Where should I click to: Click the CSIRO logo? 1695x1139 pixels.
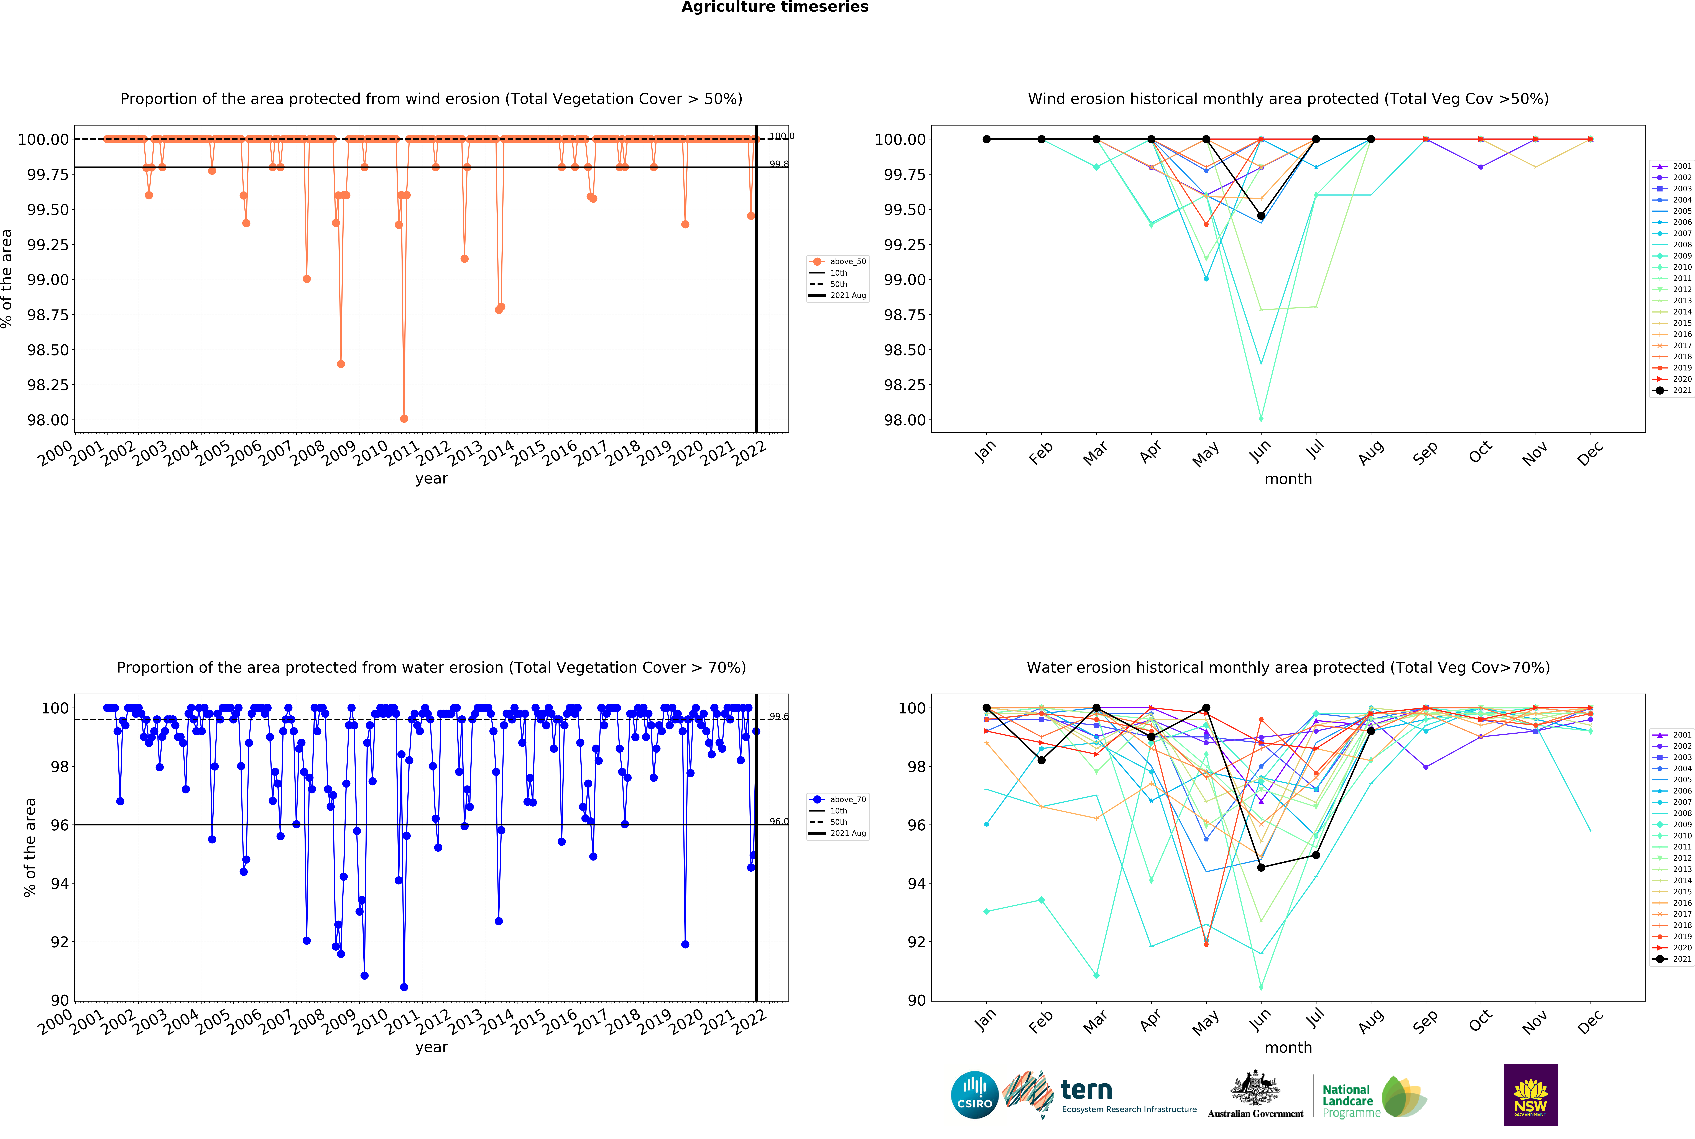pos(974,1095)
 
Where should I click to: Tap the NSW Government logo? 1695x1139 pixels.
pos(1530,1095)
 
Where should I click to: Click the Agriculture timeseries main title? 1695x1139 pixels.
pos(775,7)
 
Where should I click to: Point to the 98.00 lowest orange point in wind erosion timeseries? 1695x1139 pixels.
pos(404,418)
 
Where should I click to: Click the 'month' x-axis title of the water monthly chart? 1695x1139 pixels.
pos(1288,1048)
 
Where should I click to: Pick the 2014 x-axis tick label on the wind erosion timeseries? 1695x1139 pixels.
pos(497,453)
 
